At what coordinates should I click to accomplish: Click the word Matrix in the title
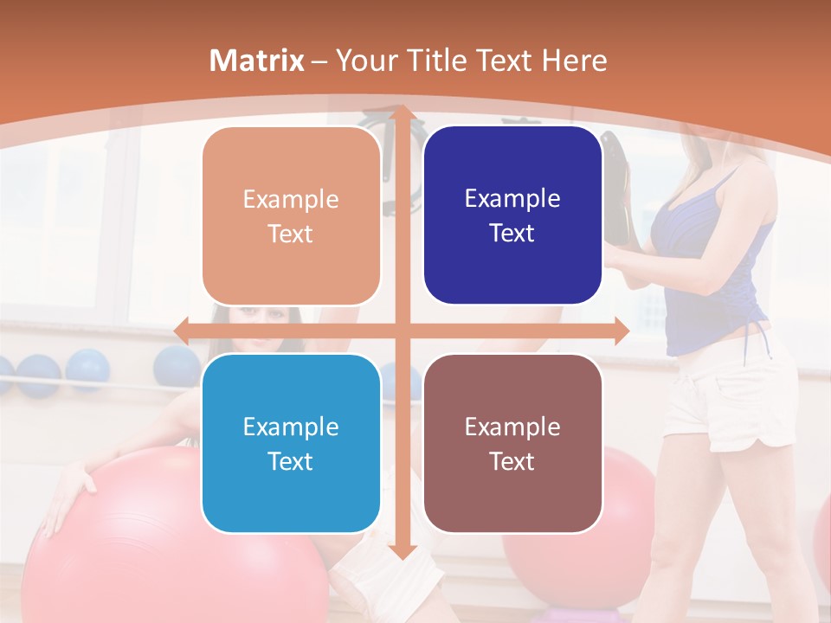257,61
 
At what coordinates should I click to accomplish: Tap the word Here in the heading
574,61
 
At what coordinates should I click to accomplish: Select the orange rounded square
291,215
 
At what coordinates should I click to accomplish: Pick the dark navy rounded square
512,215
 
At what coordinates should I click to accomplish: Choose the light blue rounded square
291,443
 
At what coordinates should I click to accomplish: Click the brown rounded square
512,443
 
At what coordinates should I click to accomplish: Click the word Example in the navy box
512,198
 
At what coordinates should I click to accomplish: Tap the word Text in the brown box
512,461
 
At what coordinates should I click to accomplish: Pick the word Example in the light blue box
291,427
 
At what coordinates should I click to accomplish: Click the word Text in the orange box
291,234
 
